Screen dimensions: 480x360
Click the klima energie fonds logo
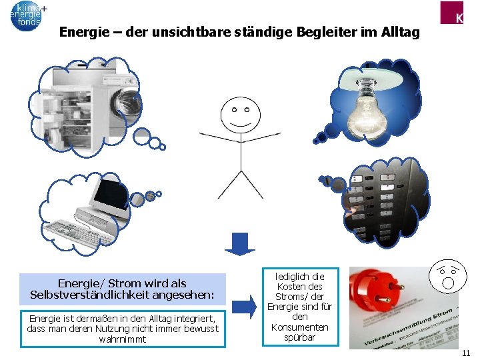coord(27,15)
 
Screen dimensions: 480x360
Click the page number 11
coord(466,353)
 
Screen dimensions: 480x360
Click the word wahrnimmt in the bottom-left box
coord(123,339)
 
